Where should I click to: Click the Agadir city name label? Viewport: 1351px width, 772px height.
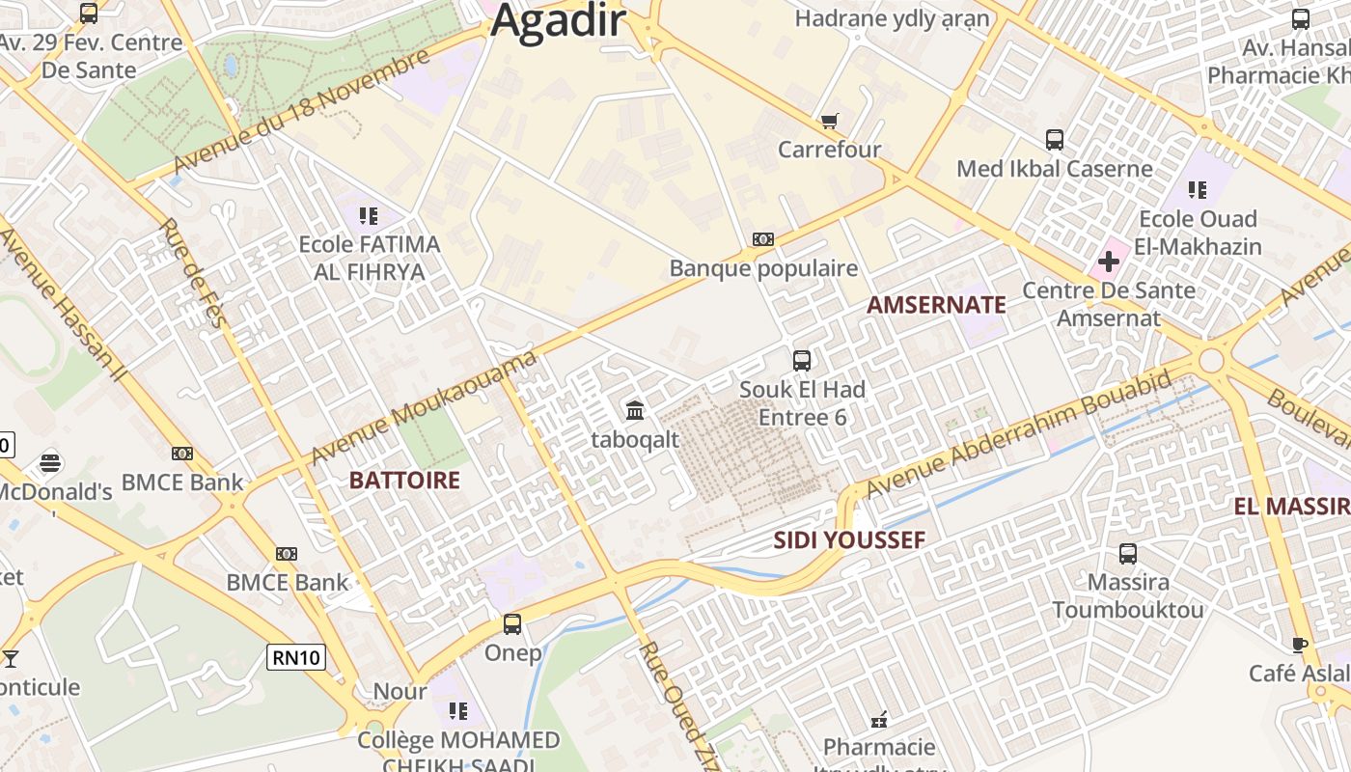point(559,21)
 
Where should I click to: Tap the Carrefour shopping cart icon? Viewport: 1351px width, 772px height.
point(829,121)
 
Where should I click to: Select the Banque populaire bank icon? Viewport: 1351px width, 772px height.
point(763,238)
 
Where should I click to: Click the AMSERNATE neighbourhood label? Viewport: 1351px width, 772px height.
point(936,305)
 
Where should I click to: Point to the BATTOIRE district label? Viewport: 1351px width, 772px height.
point(404,480)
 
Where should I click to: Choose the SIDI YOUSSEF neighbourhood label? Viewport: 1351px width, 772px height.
point(849,540)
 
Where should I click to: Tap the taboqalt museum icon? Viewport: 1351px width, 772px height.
point(635,410)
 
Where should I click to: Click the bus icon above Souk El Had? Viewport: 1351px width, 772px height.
point(802,361)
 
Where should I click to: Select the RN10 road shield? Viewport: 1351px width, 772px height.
point(297,658)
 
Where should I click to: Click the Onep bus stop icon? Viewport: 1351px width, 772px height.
point(512,624)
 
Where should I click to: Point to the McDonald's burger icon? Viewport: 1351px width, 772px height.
point(50,463)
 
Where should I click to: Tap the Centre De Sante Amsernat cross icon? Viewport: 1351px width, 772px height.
point(1108,261)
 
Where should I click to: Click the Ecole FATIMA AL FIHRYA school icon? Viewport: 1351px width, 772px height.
point(368,215)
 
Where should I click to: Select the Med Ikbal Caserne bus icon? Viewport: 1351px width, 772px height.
point(1055,140)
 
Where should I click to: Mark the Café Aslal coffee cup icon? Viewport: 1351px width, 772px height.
point(1300,645)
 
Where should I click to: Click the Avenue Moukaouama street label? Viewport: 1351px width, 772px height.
point(425,408)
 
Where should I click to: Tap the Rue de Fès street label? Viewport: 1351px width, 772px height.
point(192,272)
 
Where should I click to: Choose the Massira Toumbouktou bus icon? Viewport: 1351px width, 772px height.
point(1128,554)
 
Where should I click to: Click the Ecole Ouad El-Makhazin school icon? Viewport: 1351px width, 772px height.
point(1198,189)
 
